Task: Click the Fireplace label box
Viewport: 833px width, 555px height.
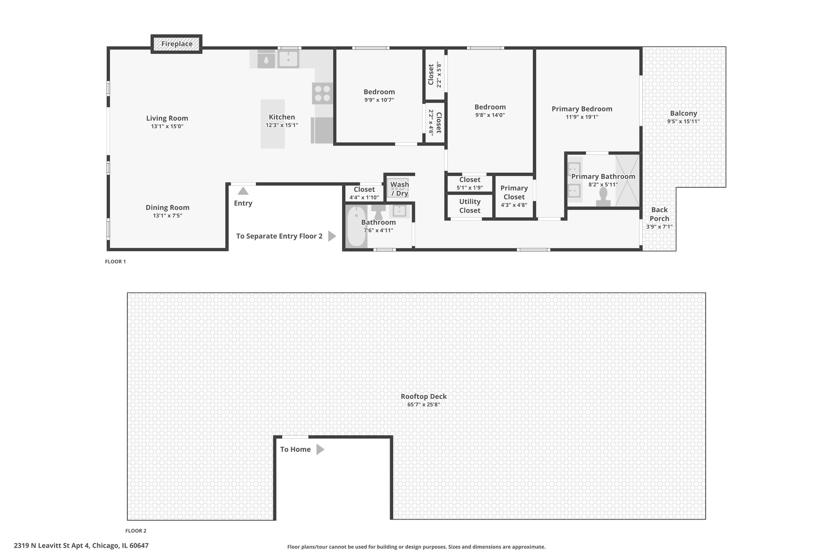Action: pyautogui.click(x=177, y=44)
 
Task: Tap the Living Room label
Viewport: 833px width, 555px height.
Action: pyautogui.click(x=167, y=118)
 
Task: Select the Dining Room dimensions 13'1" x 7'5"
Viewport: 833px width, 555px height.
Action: pyautogui.click(x=168, y=215)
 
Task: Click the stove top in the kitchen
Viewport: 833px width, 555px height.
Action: pyautogui.click(x=323, y=94)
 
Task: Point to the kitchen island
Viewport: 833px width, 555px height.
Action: pyautogui.click(x=273, y=124)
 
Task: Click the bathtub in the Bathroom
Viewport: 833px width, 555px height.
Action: pyautogui.click(x=357, y=226)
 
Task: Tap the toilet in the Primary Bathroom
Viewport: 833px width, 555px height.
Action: pyautogui.click(x=603, y=197)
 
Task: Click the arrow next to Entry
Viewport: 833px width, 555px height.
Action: pyautogui.click(x=243, y=191)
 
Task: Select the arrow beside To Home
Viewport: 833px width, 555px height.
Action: pyautogui.click(x=321, y=449)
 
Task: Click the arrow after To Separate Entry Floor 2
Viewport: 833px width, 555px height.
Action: pyautogui.click(x=332, y=236)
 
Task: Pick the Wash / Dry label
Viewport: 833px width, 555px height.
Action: pyautogui.click(x=399, y=189)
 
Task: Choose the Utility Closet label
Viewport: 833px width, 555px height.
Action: pyautogui.click(x=470, y=206)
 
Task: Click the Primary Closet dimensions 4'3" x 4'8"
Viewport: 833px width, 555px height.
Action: pyautogui.click(x=514, y=205)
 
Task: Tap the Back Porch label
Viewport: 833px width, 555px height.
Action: pyautogui.click(x=659, y=214)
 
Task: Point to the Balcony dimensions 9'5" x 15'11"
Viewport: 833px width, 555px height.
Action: pyautogui.click(x=683, y=121)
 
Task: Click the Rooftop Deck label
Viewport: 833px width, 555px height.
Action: pyautogui.click(x=424, y=396)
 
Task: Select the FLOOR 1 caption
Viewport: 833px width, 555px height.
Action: pyautogui.click(x=116, y=261)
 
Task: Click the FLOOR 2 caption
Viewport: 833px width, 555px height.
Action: pyautogui.click(x=136, y=531)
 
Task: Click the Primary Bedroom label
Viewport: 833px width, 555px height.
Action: pyautogui.click(x=582, y=109)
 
